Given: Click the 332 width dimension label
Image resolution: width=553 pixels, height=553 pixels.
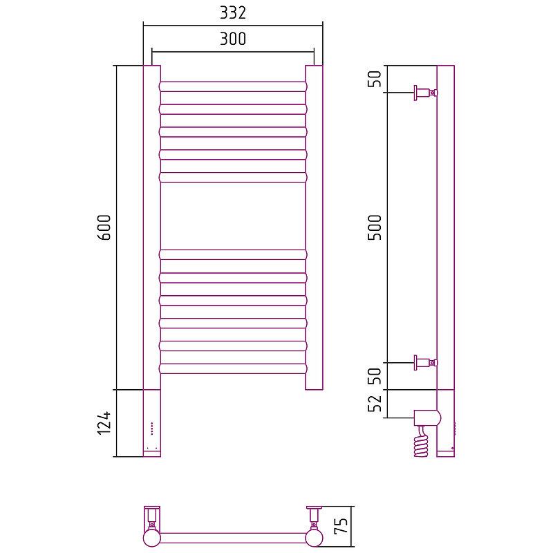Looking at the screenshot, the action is click(233, 12).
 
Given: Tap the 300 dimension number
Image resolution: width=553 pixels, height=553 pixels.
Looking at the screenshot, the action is click(233, 39).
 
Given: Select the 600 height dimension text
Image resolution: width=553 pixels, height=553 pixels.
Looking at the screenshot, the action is click(104, 227).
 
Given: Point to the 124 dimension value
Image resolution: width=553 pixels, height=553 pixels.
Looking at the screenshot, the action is click(104, 423).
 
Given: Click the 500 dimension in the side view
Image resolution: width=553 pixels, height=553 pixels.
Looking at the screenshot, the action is click(375, 227).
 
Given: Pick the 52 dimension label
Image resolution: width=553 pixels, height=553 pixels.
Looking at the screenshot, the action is click(375, 403).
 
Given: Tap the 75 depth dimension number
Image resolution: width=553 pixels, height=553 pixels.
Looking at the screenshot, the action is click(341, 526).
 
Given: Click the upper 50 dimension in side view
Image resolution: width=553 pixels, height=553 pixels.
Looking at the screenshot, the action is click(375, 79).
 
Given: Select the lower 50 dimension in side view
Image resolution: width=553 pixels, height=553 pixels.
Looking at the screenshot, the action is click(375, 376).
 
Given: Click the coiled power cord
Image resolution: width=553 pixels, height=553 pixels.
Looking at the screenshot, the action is click(421, 442).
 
